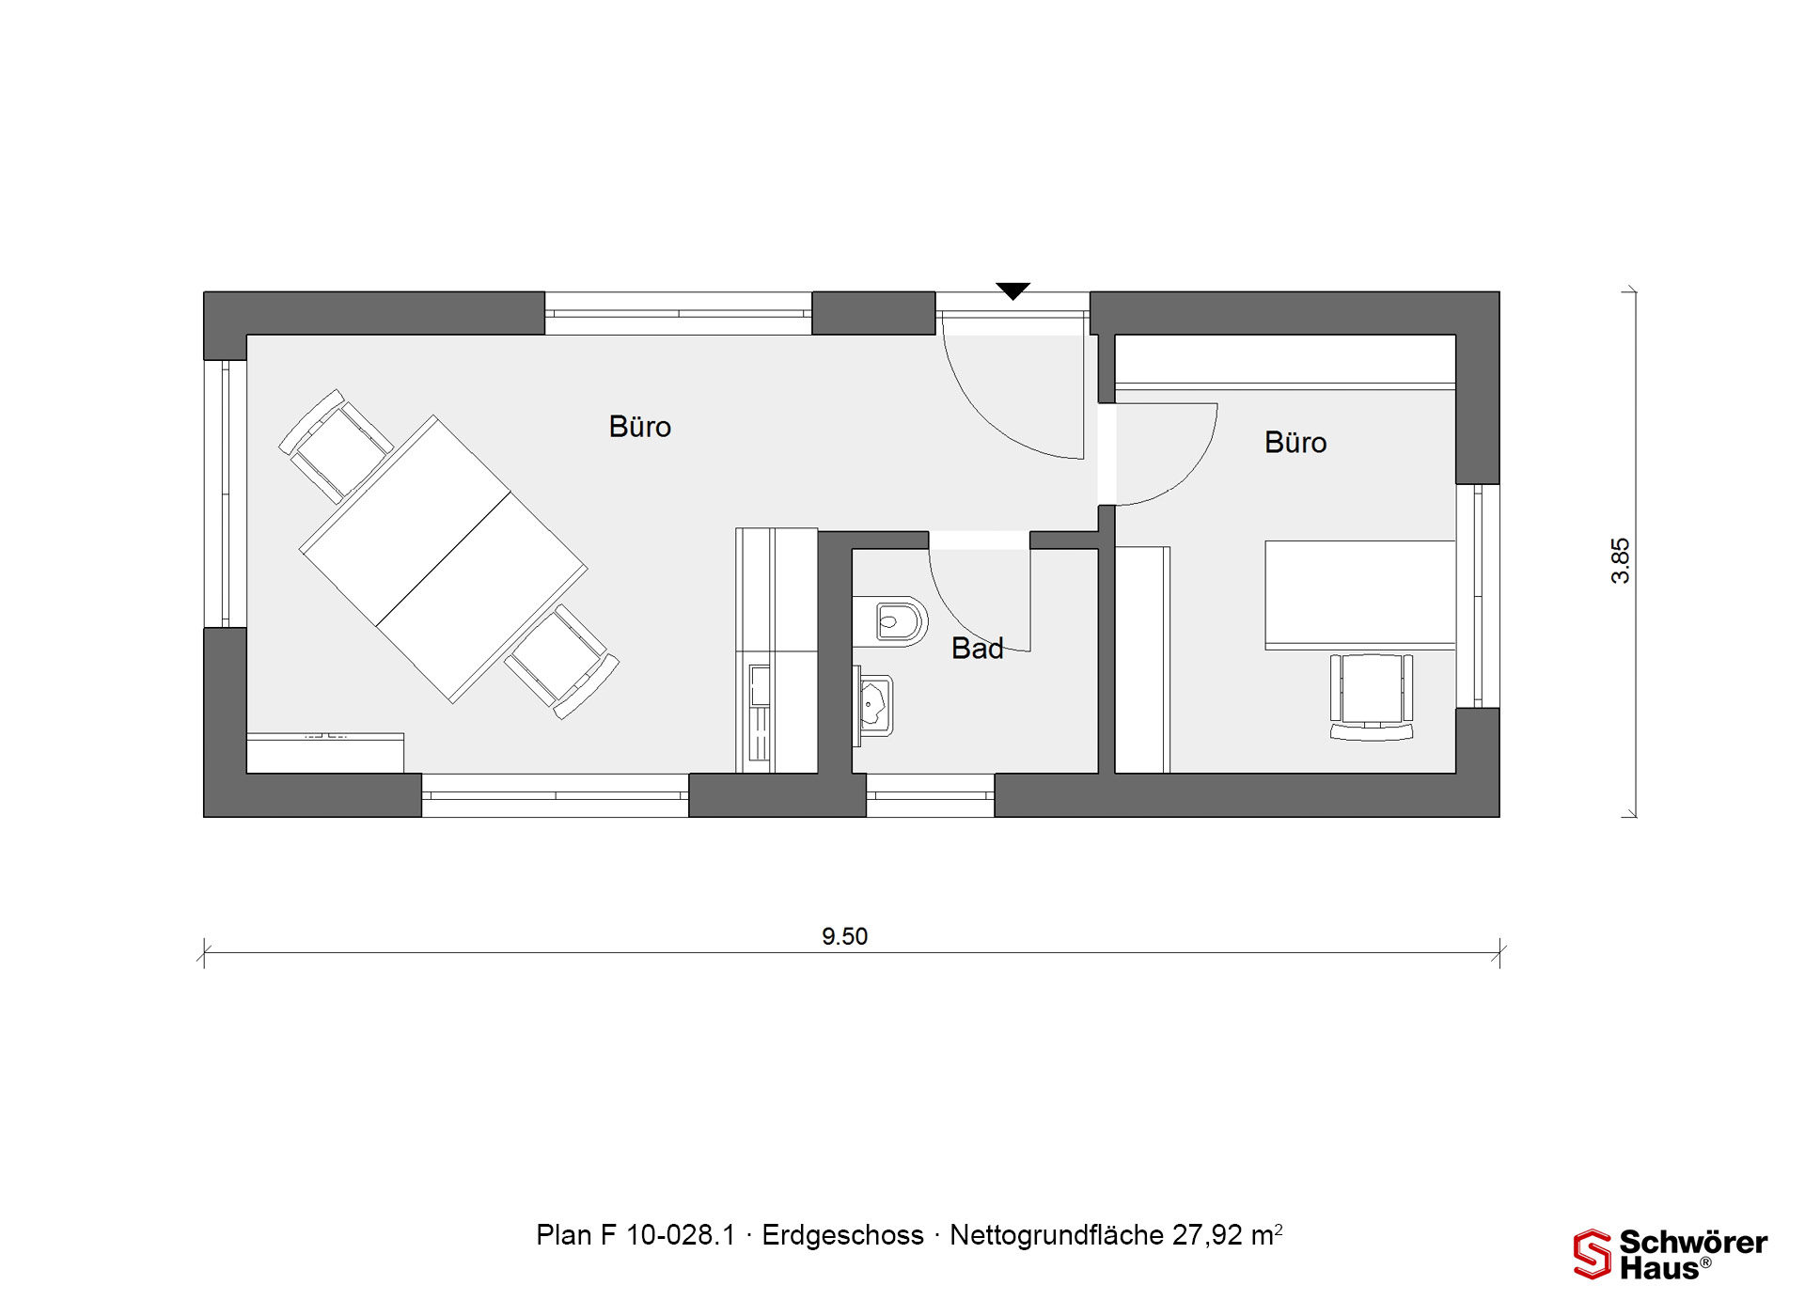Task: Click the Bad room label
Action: coord(977,648)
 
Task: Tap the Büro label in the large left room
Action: coord(640,427)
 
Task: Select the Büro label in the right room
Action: coord(1295,443)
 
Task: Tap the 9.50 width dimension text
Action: coord(844,936)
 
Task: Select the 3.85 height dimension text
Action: coord(1620,561)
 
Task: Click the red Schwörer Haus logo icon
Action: coord(1593,1254)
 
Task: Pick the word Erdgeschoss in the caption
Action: coord(842,1235)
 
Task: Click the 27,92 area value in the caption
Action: coord(1207,1235)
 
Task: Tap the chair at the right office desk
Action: coord(1372,697)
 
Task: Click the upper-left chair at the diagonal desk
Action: coord(335,446)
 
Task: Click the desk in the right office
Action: coord(1360,595)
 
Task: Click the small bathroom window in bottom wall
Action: coord(930,795)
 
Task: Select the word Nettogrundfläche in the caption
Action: coord(1057,1235)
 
